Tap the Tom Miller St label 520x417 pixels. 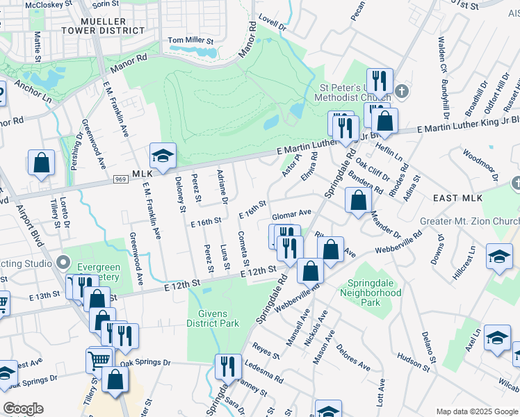[x=190, y=41]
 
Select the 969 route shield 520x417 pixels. [x=120, y=180]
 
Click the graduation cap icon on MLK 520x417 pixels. [x=162, y=156]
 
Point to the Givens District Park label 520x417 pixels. [x=213, y=318]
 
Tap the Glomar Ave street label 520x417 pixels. [x=291, y=215]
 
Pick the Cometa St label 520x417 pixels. [x=242, y=250]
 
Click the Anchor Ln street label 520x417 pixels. [x=33, y=92]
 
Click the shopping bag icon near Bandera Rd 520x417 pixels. [x=357, y=202]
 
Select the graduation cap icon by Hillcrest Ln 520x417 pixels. [x=499, y=256]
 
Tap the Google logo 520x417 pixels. [x=23, y=409]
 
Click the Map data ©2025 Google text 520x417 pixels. [x=476, y=411]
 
